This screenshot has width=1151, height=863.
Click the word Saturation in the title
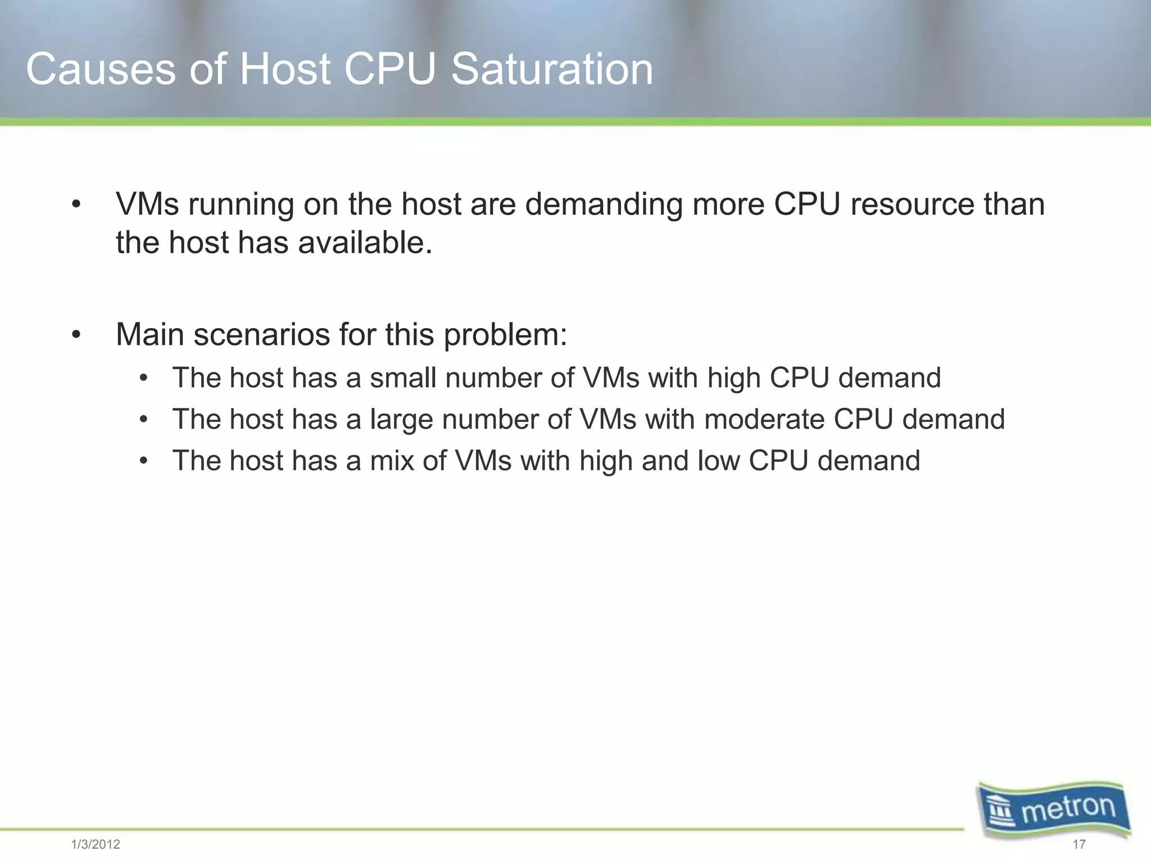coord(552,70)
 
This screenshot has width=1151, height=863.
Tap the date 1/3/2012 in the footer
coord(96,844)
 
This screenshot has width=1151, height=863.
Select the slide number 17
coord(1079,844)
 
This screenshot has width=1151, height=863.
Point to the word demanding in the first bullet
coord(604,205)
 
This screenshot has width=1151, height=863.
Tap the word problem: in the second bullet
coord(505,335)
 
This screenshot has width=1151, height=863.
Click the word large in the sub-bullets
coord(401,420)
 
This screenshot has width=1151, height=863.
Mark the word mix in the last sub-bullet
coord(391,461)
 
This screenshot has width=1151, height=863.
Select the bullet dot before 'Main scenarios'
coord(76,336)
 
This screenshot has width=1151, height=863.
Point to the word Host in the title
coord(285,70)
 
